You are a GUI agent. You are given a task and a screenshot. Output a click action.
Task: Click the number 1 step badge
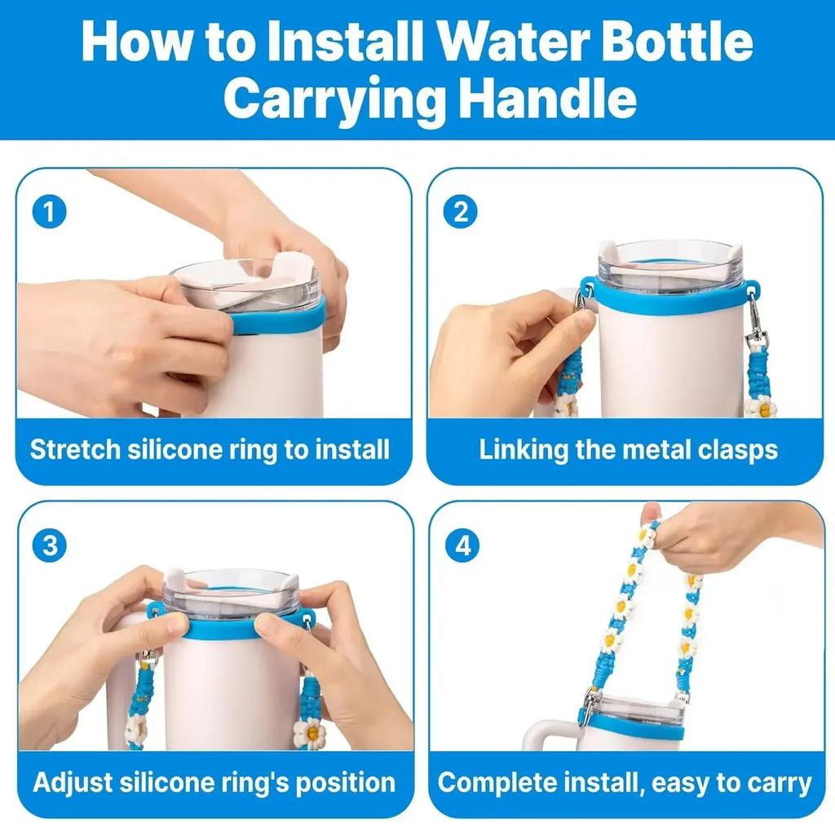[x=50, y=213]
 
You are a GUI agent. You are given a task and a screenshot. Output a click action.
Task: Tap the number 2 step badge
[x=461, y=213]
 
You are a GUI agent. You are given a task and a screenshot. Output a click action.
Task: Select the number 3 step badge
[x=50, y=546]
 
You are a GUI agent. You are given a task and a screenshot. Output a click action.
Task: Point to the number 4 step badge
[x=462, y=546]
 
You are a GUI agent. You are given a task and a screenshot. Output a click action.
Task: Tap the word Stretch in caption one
[x=74, y=450]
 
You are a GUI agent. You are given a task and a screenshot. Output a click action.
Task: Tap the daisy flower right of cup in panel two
[x=761, y=405]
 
